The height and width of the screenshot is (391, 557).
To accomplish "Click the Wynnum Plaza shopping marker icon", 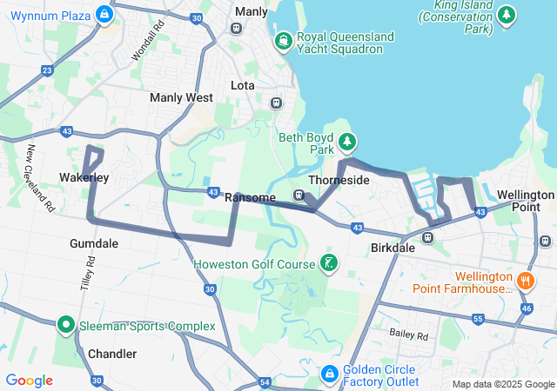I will [x=104, y=15].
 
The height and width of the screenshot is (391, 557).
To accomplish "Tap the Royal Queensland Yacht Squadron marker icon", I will [x=283, y=42].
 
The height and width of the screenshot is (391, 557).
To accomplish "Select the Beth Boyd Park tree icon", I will [x=347, y=142].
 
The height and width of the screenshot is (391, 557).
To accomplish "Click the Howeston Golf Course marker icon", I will [x=328, y=263].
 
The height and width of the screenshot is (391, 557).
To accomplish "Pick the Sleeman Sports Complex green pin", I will [x=65, y=325].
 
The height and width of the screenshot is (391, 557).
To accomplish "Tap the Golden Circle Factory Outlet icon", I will [x=329, y=374].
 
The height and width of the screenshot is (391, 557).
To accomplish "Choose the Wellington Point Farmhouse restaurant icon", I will [x=526, y=281].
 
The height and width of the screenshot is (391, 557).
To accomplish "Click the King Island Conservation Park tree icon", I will [x=506, y=16].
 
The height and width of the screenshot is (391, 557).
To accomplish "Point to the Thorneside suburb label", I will [x=339, y=180].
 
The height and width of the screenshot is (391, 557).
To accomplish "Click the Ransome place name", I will [x=250, y=198].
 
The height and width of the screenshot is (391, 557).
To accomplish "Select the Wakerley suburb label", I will [x=84, y=178].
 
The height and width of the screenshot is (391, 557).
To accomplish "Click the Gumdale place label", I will [x=94, y=244].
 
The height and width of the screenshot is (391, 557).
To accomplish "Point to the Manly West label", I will [x=181, y=98].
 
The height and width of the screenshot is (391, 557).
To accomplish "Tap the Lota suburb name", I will [x=242, y=85].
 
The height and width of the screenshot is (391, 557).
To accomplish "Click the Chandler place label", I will [x=112, y=354].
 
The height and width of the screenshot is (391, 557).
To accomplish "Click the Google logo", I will [x=29, y=381].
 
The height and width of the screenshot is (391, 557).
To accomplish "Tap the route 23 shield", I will [x=47, y=70].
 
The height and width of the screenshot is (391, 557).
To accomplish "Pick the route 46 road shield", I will [x=526, y=308].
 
